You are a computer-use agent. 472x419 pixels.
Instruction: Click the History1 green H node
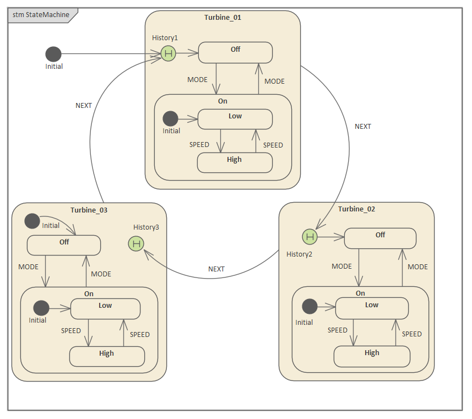169,54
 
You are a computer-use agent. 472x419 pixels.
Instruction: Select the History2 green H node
310,237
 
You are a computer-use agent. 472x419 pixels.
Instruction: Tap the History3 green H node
136,243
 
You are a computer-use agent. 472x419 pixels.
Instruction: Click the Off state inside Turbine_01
235,52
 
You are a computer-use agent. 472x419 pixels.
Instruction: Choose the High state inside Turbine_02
372,356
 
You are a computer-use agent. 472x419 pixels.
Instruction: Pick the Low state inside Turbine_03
105,308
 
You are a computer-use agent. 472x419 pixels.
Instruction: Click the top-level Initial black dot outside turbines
53,54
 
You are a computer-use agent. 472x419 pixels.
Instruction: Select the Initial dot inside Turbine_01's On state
171,118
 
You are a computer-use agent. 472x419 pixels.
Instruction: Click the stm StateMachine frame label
41,15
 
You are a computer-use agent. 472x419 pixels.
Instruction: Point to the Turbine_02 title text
356,209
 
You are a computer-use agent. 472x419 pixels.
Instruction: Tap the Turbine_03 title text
89,210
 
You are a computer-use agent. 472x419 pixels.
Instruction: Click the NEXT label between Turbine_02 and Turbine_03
216,269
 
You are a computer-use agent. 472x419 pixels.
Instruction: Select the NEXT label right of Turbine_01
363,127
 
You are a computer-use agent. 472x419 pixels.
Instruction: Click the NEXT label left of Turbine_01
84,106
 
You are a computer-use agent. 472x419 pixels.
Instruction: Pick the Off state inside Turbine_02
380,238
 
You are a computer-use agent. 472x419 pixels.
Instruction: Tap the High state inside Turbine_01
235,162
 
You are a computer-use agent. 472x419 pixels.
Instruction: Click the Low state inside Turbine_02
372,308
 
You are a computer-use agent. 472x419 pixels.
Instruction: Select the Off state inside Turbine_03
64,245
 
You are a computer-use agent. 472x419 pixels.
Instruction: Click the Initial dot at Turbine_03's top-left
32,221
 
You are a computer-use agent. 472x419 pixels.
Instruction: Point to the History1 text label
165,38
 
